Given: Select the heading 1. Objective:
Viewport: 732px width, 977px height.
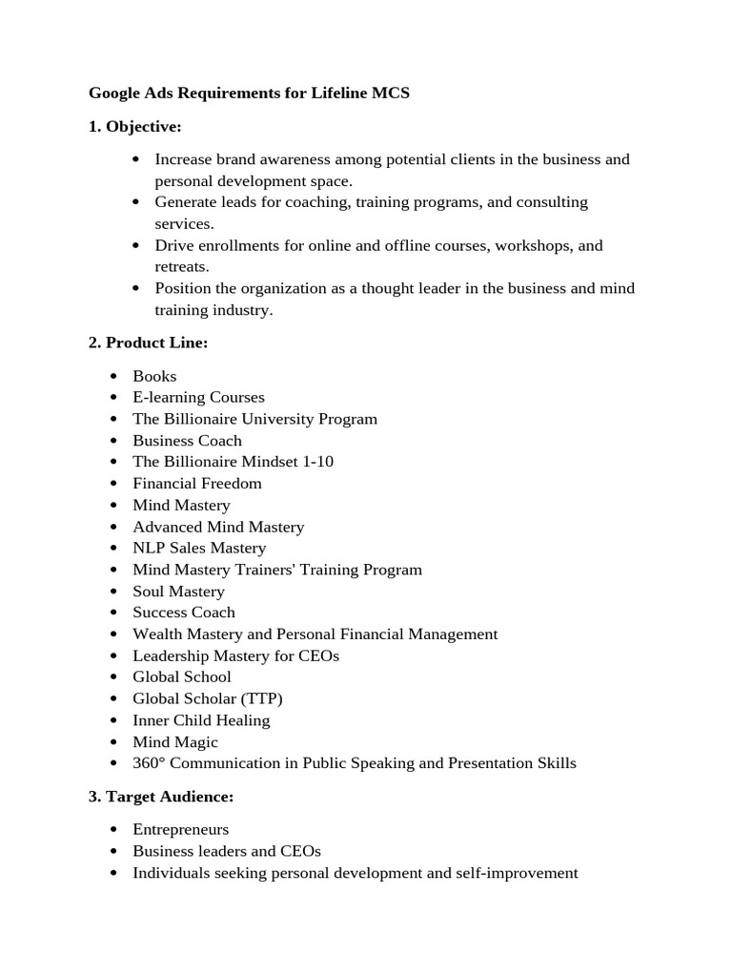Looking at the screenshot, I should (x=135, y=126).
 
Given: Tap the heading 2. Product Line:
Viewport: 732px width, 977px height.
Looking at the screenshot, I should (x=148, y=343).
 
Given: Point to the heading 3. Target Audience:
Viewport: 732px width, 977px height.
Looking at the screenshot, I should (x=161, y=796).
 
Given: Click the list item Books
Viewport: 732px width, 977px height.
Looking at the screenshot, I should (x=154, y=376).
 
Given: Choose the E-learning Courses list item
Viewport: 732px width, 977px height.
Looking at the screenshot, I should (x=198, y=397).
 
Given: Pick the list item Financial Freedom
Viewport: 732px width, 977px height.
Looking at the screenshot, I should (x=196, y=484).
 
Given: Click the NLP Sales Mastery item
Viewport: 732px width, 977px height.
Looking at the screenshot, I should (x=199, y=548).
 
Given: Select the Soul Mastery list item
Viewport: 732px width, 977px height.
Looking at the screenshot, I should (x=178, y=592).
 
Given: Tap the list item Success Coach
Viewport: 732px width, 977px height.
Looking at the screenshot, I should (x=184, y=613).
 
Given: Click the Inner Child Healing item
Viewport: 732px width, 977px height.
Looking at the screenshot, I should (x=201, y=720).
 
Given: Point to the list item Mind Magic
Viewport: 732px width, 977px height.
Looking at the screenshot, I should (x=175, y=742).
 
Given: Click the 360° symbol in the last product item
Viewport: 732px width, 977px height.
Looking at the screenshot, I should (x=149, y=763).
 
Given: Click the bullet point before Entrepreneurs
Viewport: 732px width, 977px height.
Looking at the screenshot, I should (x=114, y=830).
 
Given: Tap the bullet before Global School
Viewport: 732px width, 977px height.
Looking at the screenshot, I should (x=114, y=677).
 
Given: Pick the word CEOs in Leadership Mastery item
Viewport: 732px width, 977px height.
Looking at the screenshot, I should (x=318, y=655).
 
